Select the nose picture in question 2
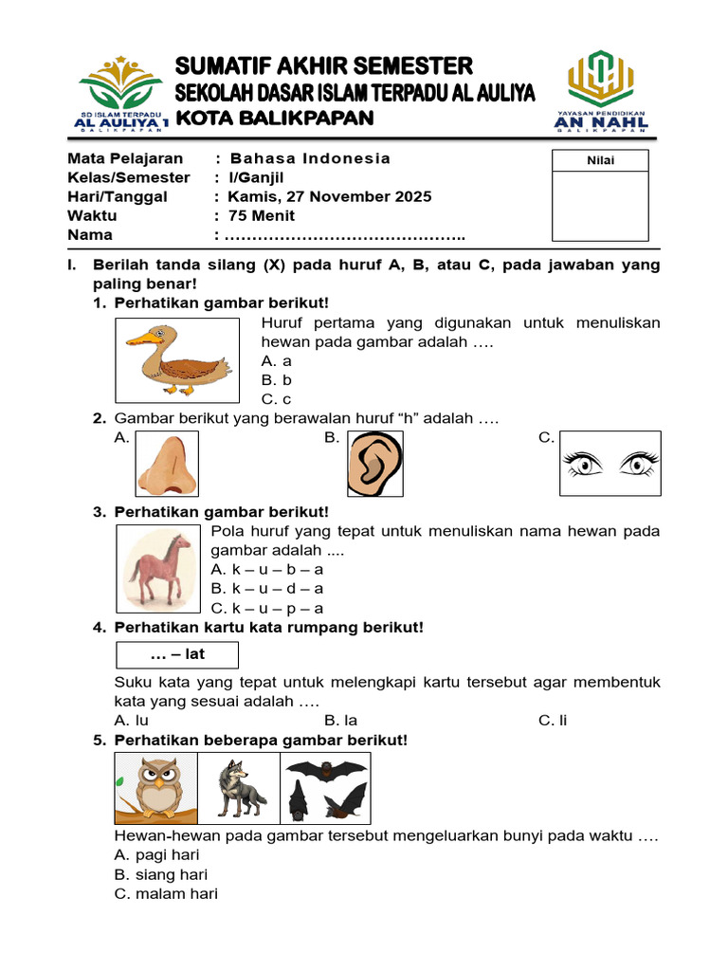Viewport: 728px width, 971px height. (167, 464)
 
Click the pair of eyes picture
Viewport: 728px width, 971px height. (610, 464)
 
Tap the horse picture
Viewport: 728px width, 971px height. (158, 569)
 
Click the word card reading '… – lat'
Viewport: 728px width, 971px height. (177, 655)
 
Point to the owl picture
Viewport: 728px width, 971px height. (155, 788)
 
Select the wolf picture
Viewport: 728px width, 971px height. (238, 788)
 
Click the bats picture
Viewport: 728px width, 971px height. (325, 788)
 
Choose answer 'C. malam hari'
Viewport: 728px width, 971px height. (166, 893)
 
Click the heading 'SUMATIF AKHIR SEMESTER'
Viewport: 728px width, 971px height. (323, 65)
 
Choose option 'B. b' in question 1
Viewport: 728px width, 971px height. (277, 380)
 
